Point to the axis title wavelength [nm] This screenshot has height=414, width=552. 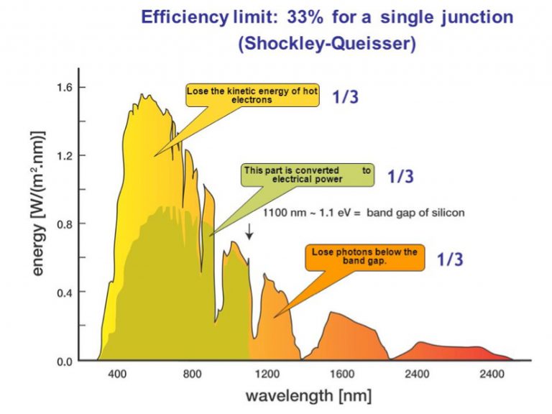coord(309,396)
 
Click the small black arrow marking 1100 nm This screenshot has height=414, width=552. coord(249,231)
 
